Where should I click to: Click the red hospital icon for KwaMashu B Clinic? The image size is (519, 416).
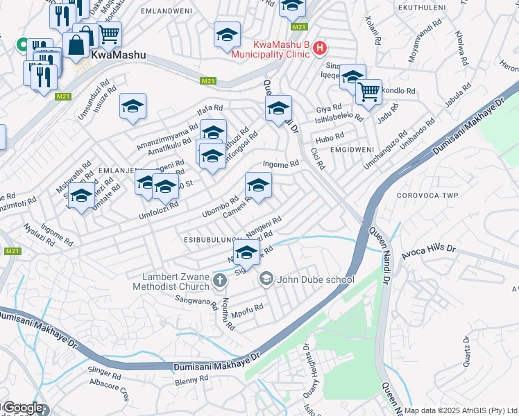pos(319,48)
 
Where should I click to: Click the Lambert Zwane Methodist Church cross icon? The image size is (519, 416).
pos(220,280)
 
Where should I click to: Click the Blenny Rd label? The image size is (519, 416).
pos(192,380)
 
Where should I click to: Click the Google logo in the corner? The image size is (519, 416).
pos(22,408)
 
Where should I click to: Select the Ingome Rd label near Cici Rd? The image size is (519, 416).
pos(280,164)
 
